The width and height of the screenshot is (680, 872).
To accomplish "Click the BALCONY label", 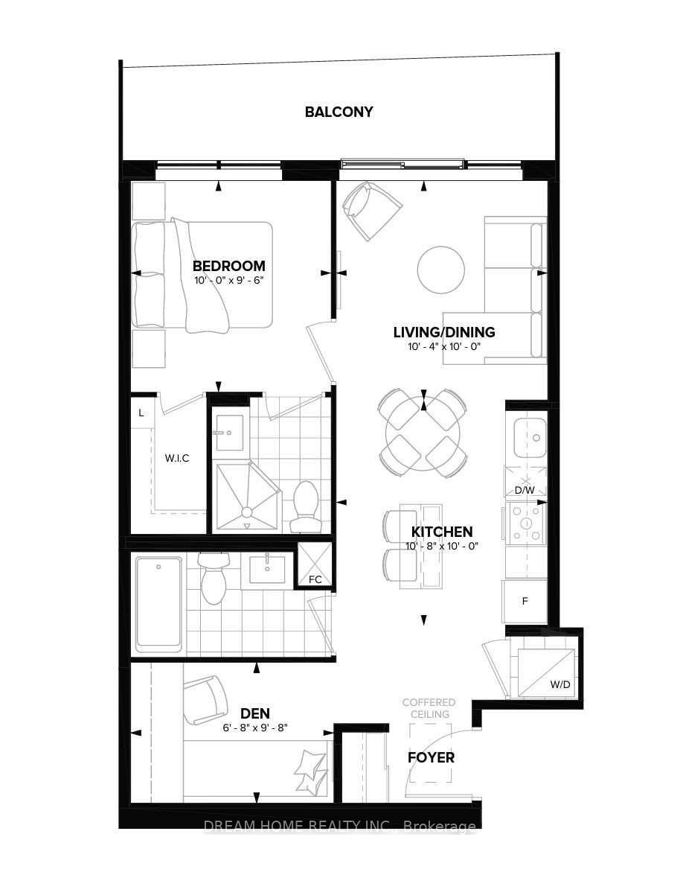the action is coord(339,112).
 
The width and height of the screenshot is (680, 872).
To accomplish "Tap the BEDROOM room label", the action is coord(229,266).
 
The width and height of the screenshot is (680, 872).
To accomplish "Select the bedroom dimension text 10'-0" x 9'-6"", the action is coord(228,280).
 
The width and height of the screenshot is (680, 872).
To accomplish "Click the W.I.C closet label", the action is coord(177,458).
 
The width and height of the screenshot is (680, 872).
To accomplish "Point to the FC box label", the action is coord(315,579).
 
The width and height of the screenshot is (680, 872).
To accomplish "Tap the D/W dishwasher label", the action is coord(525,490).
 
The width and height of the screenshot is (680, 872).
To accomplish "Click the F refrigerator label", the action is coord(525,601).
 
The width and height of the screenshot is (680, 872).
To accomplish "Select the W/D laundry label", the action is coord(560,684).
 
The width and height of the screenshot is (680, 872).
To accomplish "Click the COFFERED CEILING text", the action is coord(429,708).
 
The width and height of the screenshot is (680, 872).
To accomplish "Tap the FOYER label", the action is coord(431,757).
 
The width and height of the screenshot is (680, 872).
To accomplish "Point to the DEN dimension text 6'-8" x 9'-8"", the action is coord(255,728).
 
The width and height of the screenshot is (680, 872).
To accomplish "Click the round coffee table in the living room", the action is coord(440,270).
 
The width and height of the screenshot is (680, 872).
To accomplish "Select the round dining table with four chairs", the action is coord(423,433).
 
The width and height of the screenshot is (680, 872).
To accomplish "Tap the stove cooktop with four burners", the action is coord(525,523).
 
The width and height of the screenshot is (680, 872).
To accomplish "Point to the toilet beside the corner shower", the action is coord(305,506).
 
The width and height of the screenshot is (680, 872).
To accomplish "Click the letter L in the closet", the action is coord(141,413).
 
